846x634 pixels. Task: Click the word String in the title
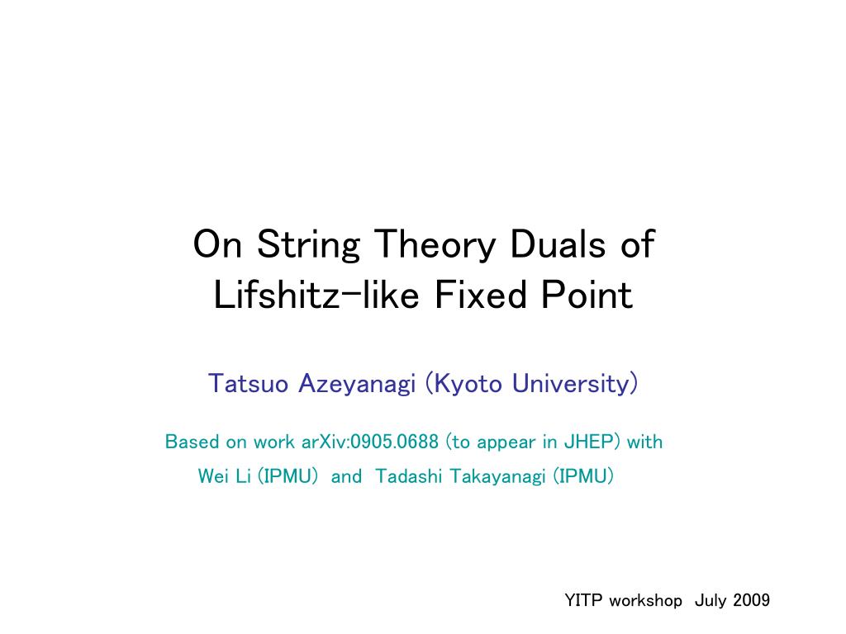pos(308,246)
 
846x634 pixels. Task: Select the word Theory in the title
pos(435,246)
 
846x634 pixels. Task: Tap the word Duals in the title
pos(558,244)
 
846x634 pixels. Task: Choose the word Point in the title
pos(587,295)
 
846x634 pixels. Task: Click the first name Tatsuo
pos(248,383)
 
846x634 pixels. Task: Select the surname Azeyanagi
pos(357,385)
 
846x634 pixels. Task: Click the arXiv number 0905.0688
pos(394,442)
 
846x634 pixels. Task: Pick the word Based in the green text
pos(192,442)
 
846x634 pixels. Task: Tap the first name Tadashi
pos(408,476)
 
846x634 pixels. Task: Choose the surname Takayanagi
pos(498,477)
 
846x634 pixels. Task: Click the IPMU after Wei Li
pos(288,476)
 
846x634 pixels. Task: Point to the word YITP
pos(583,600)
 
